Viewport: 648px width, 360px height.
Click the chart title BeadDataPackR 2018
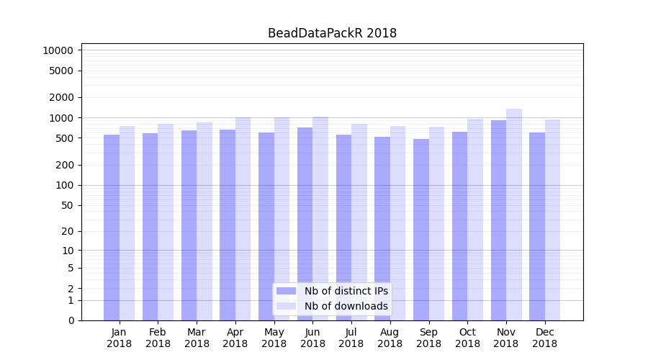332,33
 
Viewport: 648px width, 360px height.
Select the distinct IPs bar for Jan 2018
112,227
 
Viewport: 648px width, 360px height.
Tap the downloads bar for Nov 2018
514,215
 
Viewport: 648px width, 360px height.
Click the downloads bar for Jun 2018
320,218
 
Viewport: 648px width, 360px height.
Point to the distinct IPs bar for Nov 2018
498,220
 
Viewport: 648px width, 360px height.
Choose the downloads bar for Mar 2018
204,221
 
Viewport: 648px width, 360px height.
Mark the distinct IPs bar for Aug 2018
382,228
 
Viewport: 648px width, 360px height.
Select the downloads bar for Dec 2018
553,220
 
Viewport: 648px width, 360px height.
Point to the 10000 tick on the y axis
58,50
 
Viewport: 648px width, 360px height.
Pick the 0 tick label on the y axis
71,320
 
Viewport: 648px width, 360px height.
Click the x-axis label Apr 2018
235,338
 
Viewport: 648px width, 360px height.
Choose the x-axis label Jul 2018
351,338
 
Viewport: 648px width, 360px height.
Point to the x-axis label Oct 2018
467,338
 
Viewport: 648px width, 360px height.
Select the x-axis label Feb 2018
158,338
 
